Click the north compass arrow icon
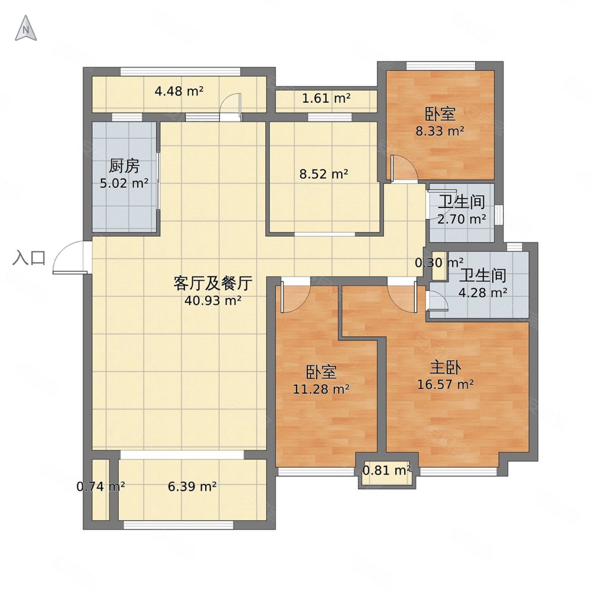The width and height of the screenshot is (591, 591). click(25, 29)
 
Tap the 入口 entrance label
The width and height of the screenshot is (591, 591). click(29, 258)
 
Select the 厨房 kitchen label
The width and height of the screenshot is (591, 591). click(124, 167)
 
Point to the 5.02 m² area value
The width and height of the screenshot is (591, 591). click(124, 183)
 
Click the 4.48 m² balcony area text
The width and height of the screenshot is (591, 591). click(178, 91)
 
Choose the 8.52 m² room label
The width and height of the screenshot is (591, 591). click(324, 174)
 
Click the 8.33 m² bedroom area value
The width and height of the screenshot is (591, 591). click(440, 131)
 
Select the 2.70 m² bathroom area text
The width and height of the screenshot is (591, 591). click(462, 219)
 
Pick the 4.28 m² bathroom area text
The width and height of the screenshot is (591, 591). click(483, 292)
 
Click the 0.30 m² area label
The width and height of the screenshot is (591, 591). click(439, 262)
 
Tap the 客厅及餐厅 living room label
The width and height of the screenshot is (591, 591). click(213, 283)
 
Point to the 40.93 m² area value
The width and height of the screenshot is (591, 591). click(213, 300)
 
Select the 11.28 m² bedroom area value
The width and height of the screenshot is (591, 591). click(321, 389)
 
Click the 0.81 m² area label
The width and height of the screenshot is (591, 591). click(387, 470)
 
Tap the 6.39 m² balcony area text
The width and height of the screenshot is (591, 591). click(192, 487)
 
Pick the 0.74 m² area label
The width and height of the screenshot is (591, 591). click(100, 487)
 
